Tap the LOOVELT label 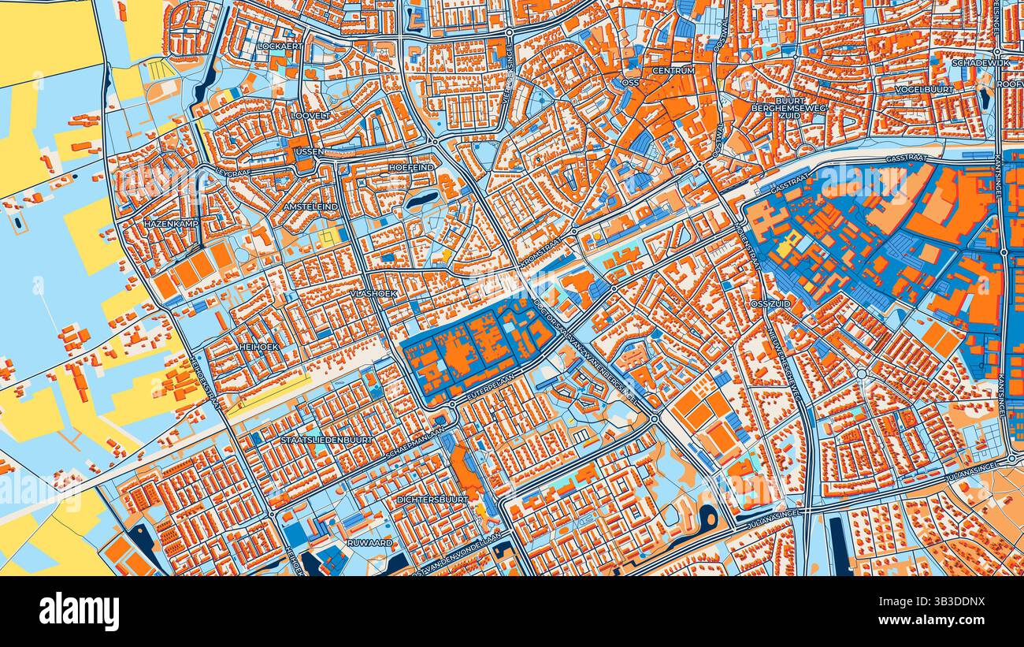click(310, 115)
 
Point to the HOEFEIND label click(411, 168)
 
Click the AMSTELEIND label click(310, 206)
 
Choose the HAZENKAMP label click(171, 224)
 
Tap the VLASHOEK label click(373, 293)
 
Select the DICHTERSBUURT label click(432, 500)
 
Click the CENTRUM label click(673, 71)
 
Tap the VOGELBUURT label click(923, 90)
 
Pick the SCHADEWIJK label click(980, 63)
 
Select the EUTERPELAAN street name click(488, 389)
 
